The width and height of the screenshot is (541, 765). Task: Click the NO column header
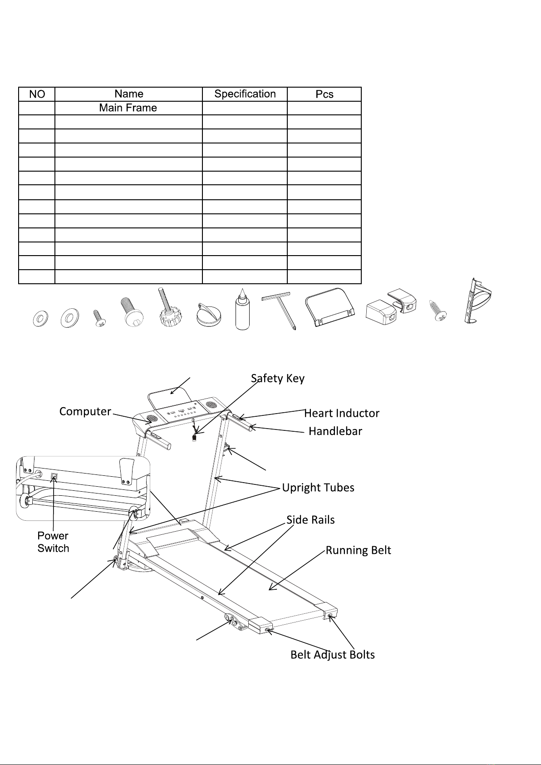coord(37,94)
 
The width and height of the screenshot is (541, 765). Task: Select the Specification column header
coord(245,94)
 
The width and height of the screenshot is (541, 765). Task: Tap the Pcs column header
coord(324,94)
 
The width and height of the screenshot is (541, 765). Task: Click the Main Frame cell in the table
coord(128,108)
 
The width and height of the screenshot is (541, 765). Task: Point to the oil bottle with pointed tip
coord(242,310)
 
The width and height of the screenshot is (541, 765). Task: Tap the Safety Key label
coord(277,379)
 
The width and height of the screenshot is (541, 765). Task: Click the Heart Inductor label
coord(341,414)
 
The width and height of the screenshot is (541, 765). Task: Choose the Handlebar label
coord(335,431)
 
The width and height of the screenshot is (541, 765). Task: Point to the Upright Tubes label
coord(318,488)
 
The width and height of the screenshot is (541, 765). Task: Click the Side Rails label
coord(310,520)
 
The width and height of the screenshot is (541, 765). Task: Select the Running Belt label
coord(358,551)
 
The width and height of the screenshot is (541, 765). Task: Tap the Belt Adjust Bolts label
coord(332,655)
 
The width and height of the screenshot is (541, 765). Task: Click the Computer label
coord(85,412)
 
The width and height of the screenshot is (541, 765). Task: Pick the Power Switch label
coord(53,542)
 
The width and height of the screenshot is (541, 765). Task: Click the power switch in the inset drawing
coord(54,477)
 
